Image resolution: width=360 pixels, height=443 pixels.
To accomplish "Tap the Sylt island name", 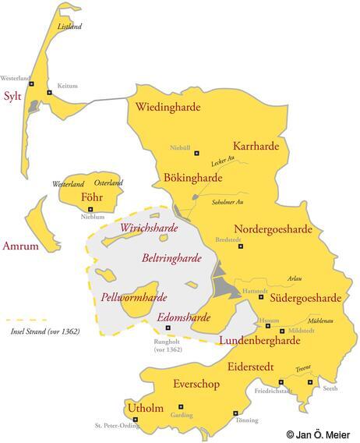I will point(12,97).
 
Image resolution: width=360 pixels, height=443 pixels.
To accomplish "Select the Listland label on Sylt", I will point(69,26).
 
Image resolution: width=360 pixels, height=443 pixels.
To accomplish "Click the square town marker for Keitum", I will point(49,93).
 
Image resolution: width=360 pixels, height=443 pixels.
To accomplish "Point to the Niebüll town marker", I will point(196,153).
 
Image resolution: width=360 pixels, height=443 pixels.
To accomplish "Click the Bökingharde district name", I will point(192,178).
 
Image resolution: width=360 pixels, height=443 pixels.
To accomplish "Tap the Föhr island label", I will point(92,197).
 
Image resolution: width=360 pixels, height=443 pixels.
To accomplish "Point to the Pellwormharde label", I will point(134,297).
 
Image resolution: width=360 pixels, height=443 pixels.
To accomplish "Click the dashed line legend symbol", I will point(26,320).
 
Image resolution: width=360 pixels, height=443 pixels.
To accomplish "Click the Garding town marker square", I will point(181,406).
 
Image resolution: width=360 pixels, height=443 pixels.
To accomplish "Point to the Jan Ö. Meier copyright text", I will point(317,434).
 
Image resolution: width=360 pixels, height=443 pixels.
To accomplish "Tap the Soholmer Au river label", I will point(231,201).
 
